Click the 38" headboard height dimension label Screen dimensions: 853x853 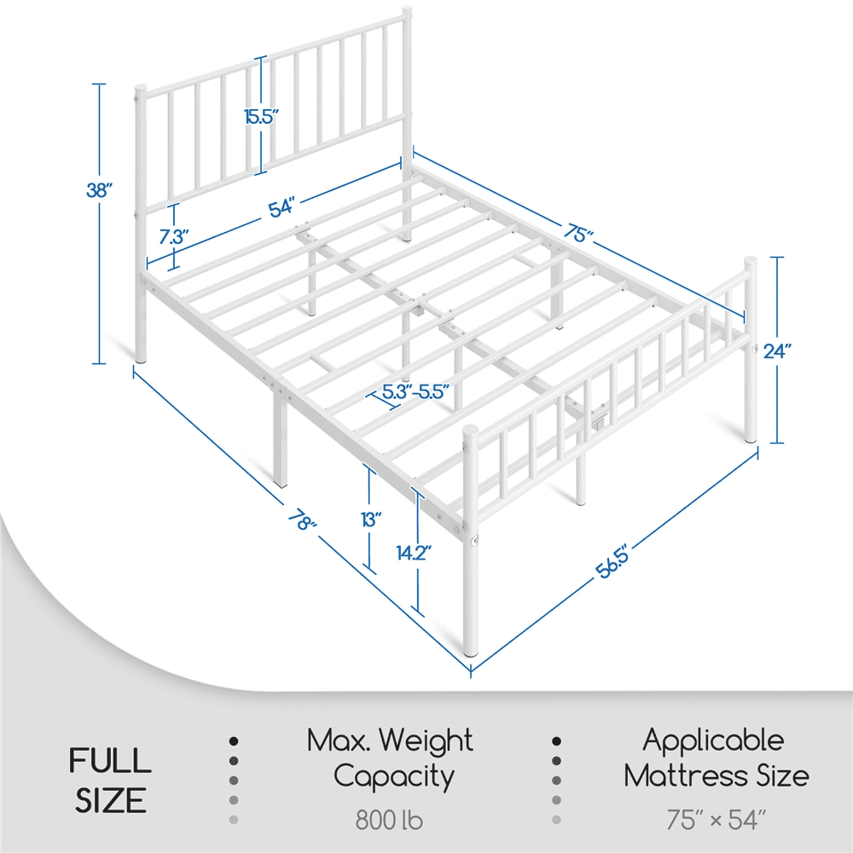(x=99, y=191)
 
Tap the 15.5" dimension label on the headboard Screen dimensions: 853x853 (x=261, y=116)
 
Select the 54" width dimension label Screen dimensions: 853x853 (x=281, y=208)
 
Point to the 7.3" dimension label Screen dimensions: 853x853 (x=173, y=236)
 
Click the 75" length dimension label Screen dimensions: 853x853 (x=577, y=233)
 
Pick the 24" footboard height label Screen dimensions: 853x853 (x=777, y=351)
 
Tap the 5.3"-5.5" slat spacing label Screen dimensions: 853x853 (x=415, y=392)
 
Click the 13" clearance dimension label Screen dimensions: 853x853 (x=371, y=519)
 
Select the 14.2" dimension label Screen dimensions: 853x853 (x=414, y=553)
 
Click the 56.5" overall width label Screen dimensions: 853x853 (x=612, y=561)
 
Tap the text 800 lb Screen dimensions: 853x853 (x=389, y=819)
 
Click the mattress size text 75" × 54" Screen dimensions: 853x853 (x=717, y=819)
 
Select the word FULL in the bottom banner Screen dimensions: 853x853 (x=110, y=761)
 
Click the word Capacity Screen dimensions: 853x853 (x=394, y=777)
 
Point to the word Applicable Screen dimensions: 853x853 (x=713, y=740)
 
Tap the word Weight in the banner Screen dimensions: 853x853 (x=426, y=741)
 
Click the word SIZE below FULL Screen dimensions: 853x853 (x=111, y=800)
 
